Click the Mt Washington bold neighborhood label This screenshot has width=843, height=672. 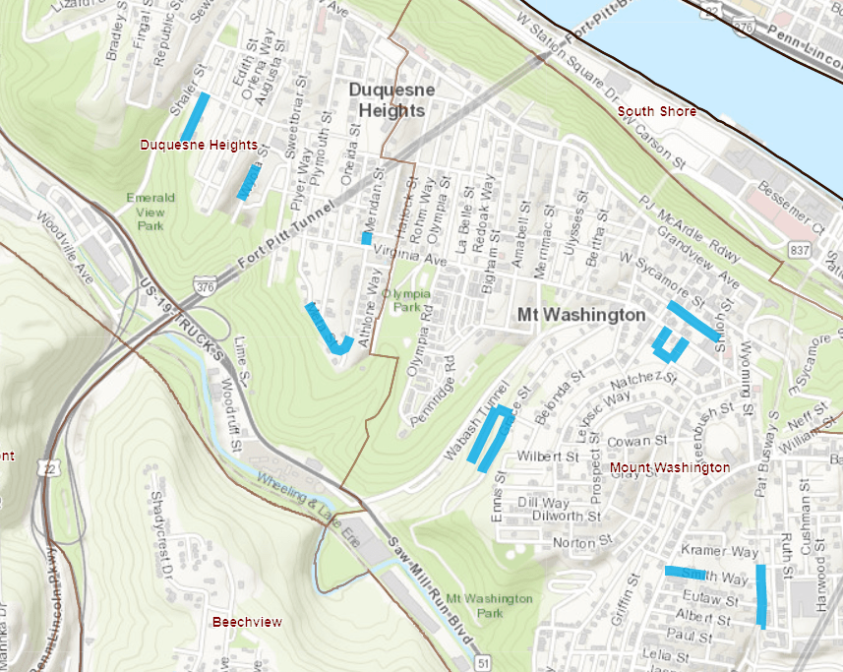click(x=581, y=315)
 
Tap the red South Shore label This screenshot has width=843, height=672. click(x=656, y=111)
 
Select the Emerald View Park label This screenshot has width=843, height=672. click(x=151, y=211)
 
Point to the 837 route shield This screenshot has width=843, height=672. click(x=798, y=251)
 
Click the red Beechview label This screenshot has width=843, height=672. click(x=247, y=622)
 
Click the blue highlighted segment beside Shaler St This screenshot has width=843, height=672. click(x=195, y=116)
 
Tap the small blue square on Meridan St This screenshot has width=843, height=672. click(x=367, y=237)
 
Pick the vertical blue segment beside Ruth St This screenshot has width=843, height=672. click(x=761, y=595)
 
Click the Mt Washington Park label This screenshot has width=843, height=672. click(x=489, y=605)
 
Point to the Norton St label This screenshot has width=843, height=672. click(x=575, y=542)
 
